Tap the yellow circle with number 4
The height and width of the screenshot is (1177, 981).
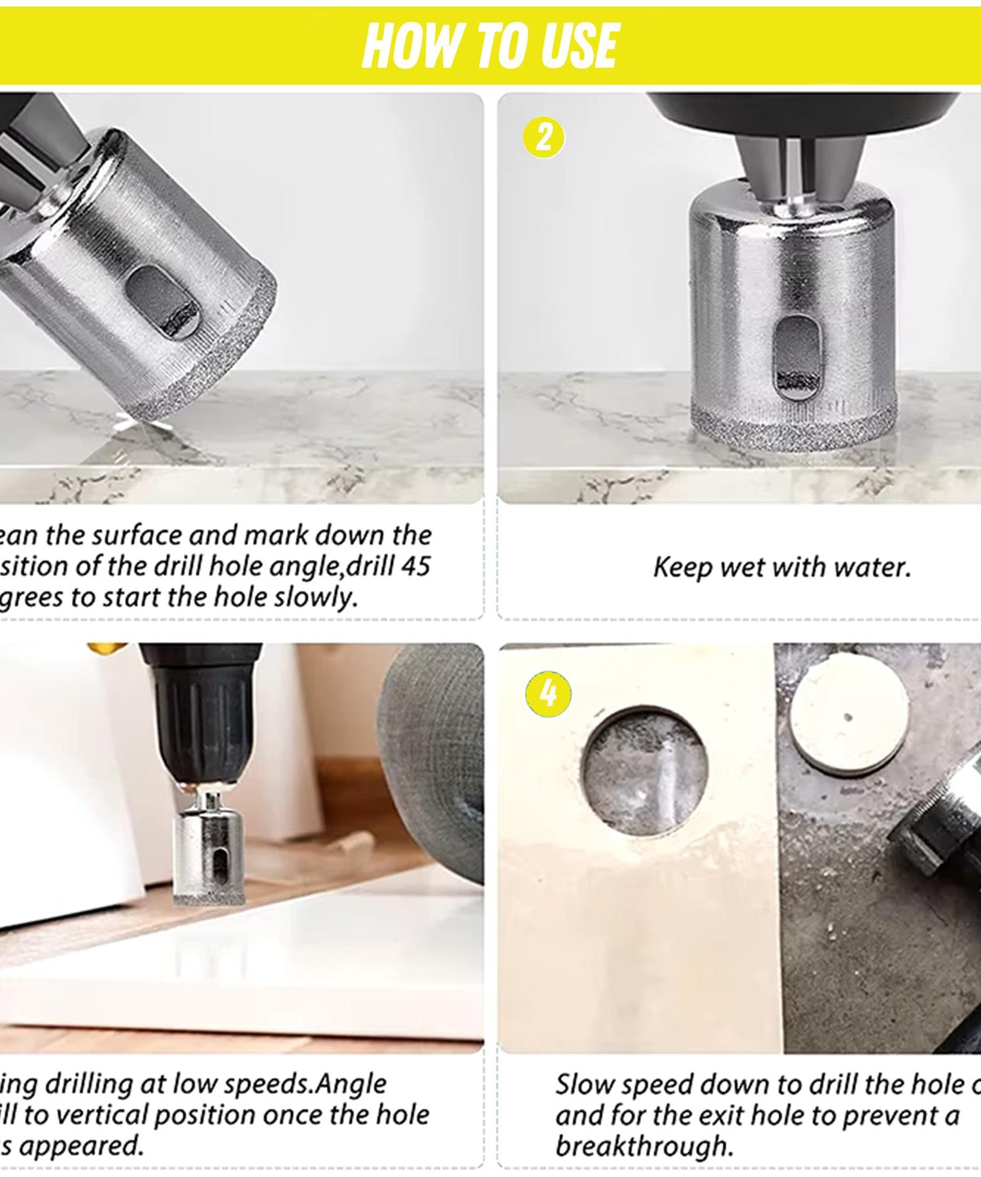pos(548,694)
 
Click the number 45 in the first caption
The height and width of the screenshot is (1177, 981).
pos(415,566)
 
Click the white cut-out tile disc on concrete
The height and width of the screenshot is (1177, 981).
pos(849,712)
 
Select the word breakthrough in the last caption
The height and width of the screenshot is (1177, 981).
pos(644,1146)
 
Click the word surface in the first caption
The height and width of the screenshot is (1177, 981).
pos(138,536)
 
